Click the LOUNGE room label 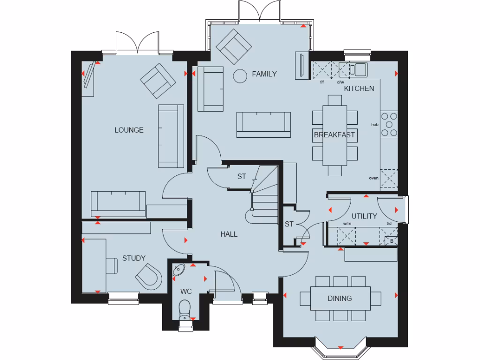(x=129, y=130)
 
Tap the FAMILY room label (x=264, y=74)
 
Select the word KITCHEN (x=359, y=88)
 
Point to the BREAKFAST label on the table (x=334, y=135)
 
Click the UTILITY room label (x=364, y=216)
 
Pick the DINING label (x=340, y=298)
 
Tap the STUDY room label (x=134, y=258)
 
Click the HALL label (x=229, y=234)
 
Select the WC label (x=186, y=290)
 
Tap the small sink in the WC (x=179, y=270)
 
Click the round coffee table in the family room (x=240, y=75)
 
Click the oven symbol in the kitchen (x=389, y=179)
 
